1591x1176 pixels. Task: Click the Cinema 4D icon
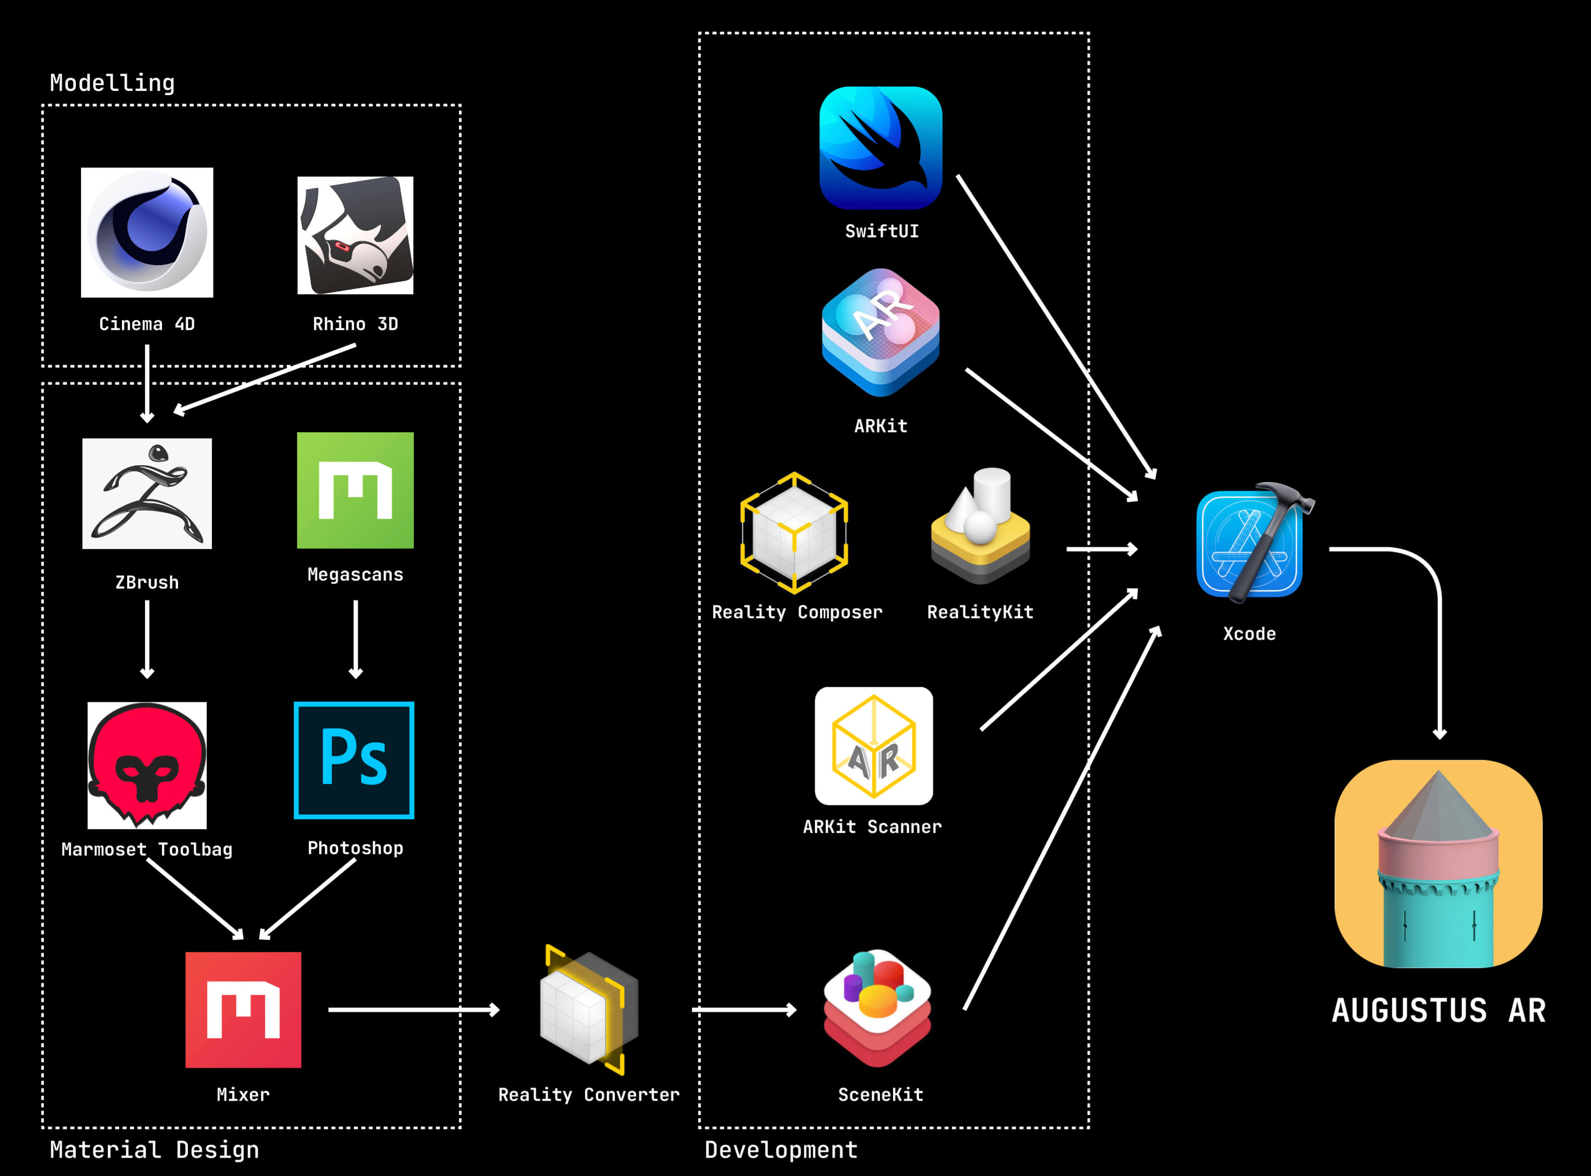(x=147, y=233)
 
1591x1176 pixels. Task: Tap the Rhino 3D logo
(x=355, y=235)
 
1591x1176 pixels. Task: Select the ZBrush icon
(x=147, y=493)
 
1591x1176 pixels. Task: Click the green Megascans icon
(x=355, y=491)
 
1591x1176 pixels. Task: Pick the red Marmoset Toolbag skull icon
(x=147, y=765)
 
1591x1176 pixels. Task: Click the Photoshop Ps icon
(x=354, y=760)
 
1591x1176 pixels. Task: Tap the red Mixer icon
(x=243, y=1009)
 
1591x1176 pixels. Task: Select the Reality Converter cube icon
(x=588, y=1009)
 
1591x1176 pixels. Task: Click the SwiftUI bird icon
(x=881, y=148)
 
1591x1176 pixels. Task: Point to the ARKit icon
(x=881, y=332)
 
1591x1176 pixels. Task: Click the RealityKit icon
(x=980, y=527)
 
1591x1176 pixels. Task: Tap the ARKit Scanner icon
(x=874, y=746)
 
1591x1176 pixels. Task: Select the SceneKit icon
(x=877, y=1007)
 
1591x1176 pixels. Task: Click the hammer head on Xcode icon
(x=1287, y=495)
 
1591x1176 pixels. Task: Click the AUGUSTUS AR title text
(x=1438, y=1011)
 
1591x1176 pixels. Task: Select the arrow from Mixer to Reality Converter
(x=413, y=1009)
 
